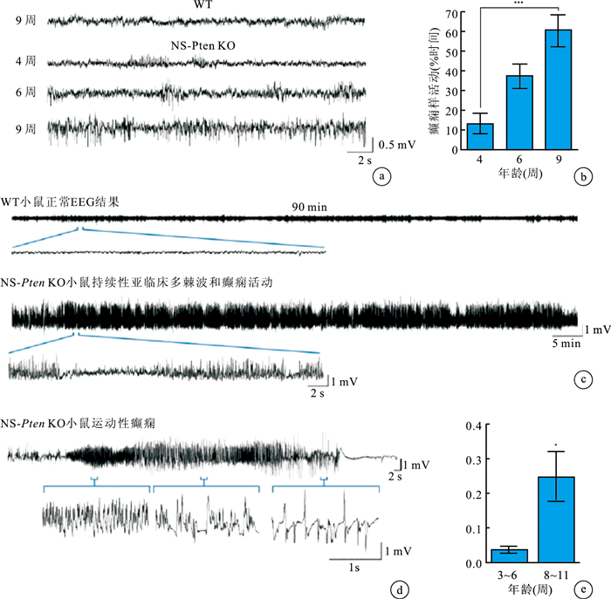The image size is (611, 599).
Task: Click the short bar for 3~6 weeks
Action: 509,555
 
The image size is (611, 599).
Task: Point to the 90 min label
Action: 305,208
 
